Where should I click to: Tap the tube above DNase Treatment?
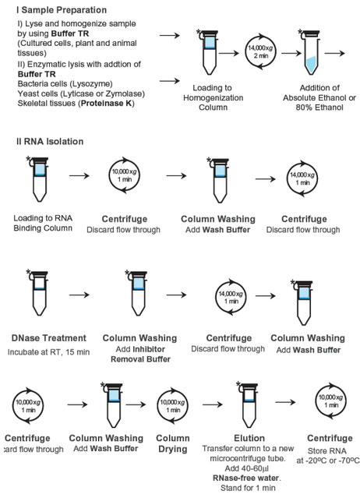[x=37, y=293]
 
